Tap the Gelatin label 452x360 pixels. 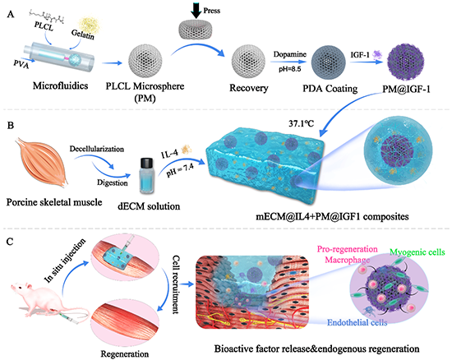pyautogui.click(x=83, y=34)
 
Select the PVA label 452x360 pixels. pyautogui.click(x=21, y=63)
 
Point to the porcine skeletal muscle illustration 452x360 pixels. pyautogui.click(x=42, y=163)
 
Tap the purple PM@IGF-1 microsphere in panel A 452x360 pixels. pyautogui.click(x=406, y=62)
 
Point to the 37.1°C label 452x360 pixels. pyautogui.click(x=302, y=123)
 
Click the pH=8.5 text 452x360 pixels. pyautogui.click(x=290, y=69)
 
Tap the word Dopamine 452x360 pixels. pyautogui.click(x=290, y=54)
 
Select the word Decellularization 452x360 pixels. pyautogui.click(x=97, y=149)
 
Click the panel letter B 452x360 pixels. pyautogui.click(x=10, y=126)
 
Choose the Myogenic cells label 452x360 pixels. pyautogui.click(x=417, y=252)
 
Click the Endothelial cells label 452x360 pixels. pyautogui.click(x=357, y=322)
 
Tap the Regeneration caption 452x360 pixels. pyautogui.click(x=125, y=353)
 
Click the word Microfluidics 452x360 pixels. pyautogui.click(x=60, y=85)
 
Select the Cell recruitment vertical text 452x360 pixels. pyautogui.click(x=175, y=284)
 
